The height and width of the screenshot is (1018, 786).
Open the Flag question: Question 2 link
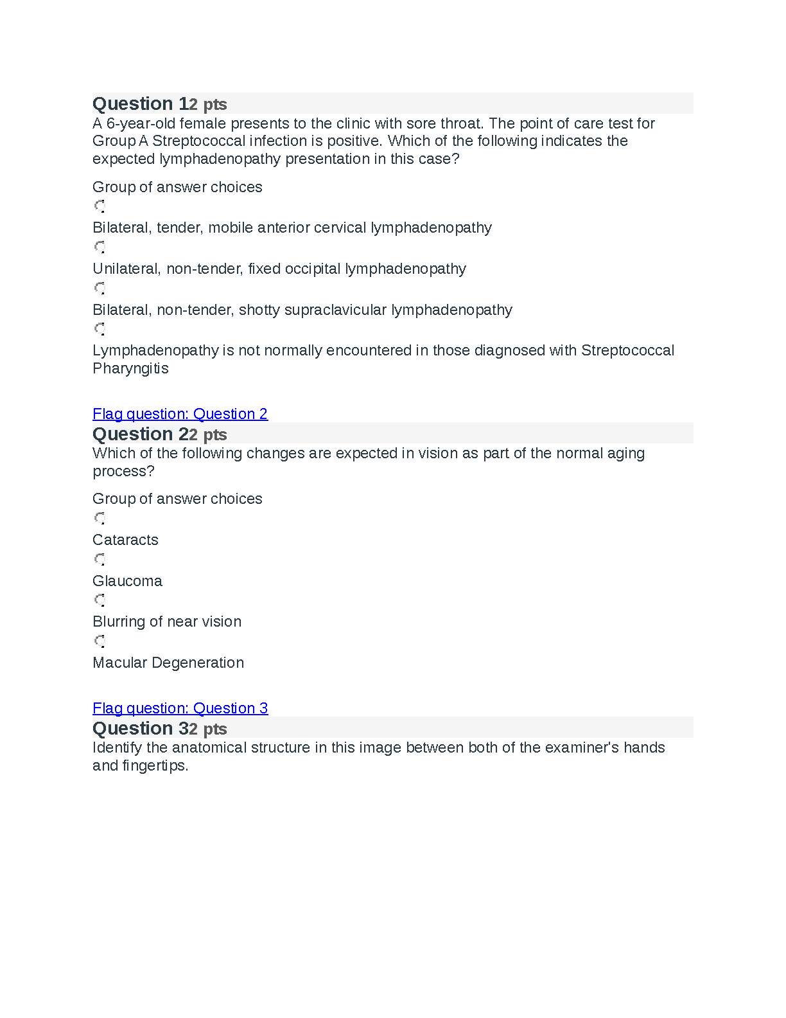coord(180,414)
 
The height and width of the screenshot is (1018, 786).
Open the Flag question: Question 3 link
coord(180,708)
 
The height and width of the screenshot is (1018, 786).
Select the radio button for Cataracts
coord(100,518)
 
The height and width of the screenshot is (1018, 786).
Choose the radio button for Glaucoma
coord(100,559)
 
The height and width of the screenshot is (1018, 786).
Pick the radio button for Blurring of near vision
coord(100,600)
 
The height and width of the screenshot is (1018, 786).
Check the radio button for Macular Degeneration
coord(100,641)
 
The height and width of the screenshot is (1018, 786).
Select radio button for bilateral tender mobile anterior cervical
coord(100,206)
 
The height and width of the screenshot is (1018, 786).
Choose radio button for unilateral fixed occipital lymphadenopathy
coord(100,247)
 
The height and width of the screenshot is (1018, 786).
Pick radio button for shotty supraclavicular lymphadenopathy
coord(100,288)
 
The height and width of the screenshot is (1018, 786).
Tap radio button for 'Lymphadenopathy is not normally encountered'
coord(100,329)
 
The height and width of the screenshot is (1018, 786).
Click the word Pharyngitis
coord(130,369)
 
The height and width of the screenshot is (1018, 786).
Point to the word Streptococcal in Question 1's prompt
coord(197,141)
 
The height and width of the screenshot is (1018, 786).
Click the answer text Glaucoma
coord(127,581)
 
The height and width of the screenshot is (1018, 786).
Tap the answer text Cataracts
coord(125,540)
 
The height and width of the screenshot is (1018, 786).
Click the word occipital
coord(312,269)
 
